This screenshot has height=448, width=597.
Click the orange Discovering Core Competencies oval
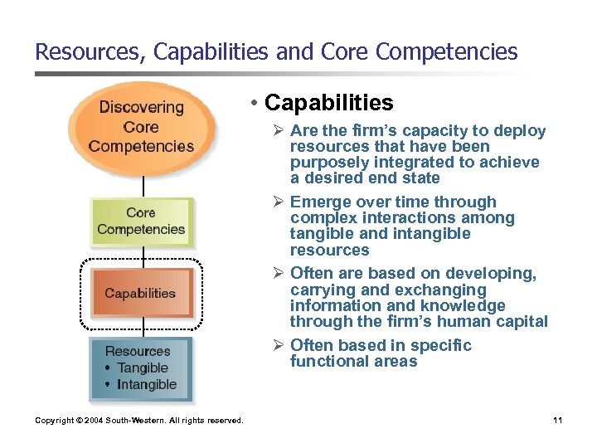pyautogui.click(x=141, y=127)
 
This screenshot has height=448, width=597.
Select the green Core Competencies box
pyautogui.click(x=141, y=221)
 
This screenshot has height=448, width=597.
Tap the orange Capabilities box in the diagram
pyautogui.click(x=140, y=293)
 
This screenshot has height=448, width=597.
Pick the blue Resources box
pyautogui.click(x=140, y=368)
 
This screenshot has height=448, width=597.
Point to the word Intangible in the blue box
pyautogui.click(x=147, y=384)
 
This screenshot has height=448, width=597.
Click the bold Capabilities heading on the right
pyautogui.click(x=328, y=103)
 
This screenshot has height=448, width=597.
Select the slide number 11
pyautogui.click(x=557, y=421)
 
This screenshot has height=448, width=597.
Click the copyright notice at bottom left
pyautogui.click(x=139, y=421)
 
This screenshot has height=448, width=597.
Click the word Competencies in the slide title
pyautogui.click(x=446, y=51)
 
